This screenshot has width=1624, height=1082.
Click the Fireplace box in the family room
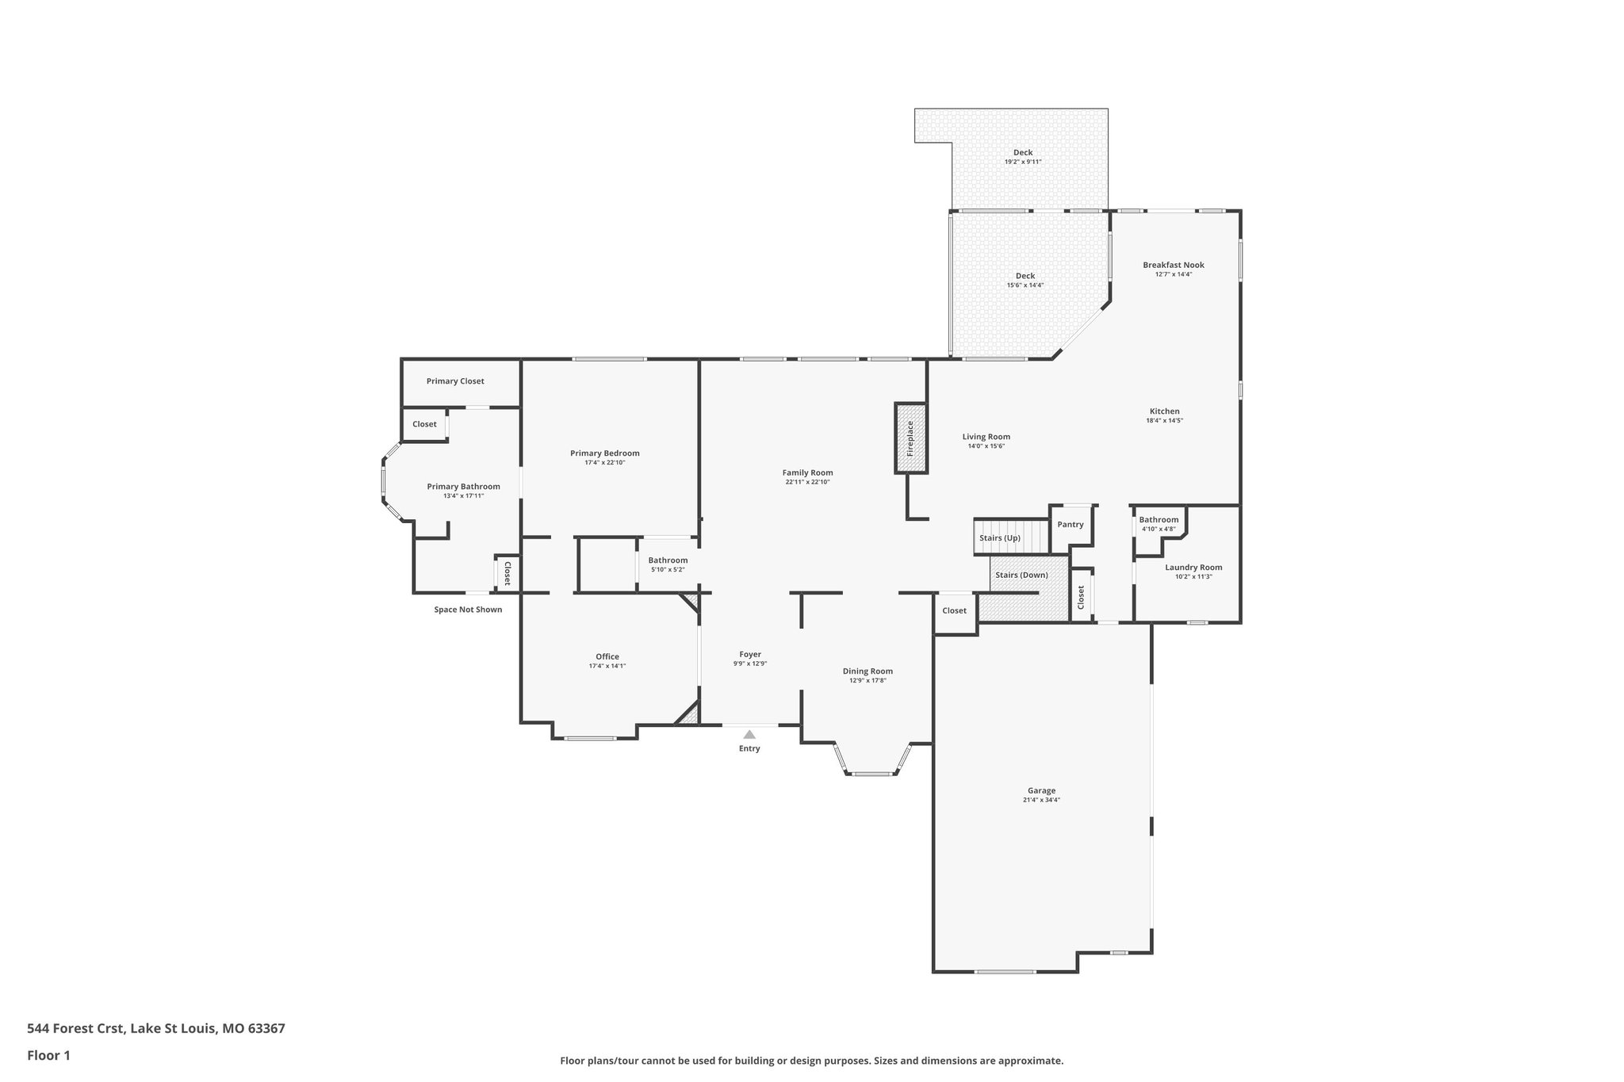pyautogui.click(x=910, y=438)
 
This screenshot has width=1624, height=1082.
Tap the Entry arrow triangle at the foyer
pyautogui.click(x=749, y=734)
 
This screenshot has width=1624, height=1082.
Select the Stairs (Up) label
pyautogui.click(x=999, y=538)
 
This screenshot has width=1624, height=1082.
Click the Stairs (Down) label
pyautogui.click(x=1021, y=575)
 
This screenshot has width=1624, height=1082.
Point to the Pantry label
pyautogui.click(x=1071, y=525)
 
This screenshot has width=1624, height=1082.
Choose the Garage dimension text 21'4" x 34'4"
pyautogui.click(x=1041, y=800)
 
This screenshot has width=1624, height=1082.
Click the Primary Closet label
pyautogui.click(x=455, y=381)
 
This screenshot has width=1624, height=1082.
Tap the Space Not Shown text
pyautogui.click(x=468, y=610)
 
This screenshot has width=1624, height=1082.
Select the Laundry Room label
pyautogui.click(x=1193, y=568)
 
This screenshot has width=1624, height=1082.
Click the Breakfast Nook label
pyautogui.click(x=1174, y=265)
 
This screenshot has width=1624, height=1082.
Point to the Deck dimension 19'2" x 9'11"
pyautogui.click(x=1023, y=162)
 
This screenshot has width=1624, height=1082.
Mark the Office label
pyautogui.click(x=607, y=656)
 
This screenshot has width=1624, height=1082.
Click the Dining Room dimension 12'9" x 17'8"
pyautogui.click(x=868, y=680)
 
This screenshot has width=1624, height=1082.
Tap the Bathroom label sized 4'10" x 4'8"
pyautogui.click(x=1159, y=520)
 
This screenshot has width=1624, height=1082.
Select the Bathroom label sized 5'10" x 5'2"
pyautogui.click(x=668, y=560)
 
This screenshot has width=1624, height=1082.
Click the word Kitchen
pyautogui.click(x=1165, y=411)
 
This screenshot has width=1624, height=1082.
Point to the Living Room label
pyautogui.click(x=986, y=437)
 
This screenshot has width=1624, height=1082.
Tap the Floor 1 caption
pyautogui.click(x=48, y=1055)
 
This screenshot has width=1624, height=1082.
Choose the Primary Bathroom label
pyautogui.click(x=463, y=487)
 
